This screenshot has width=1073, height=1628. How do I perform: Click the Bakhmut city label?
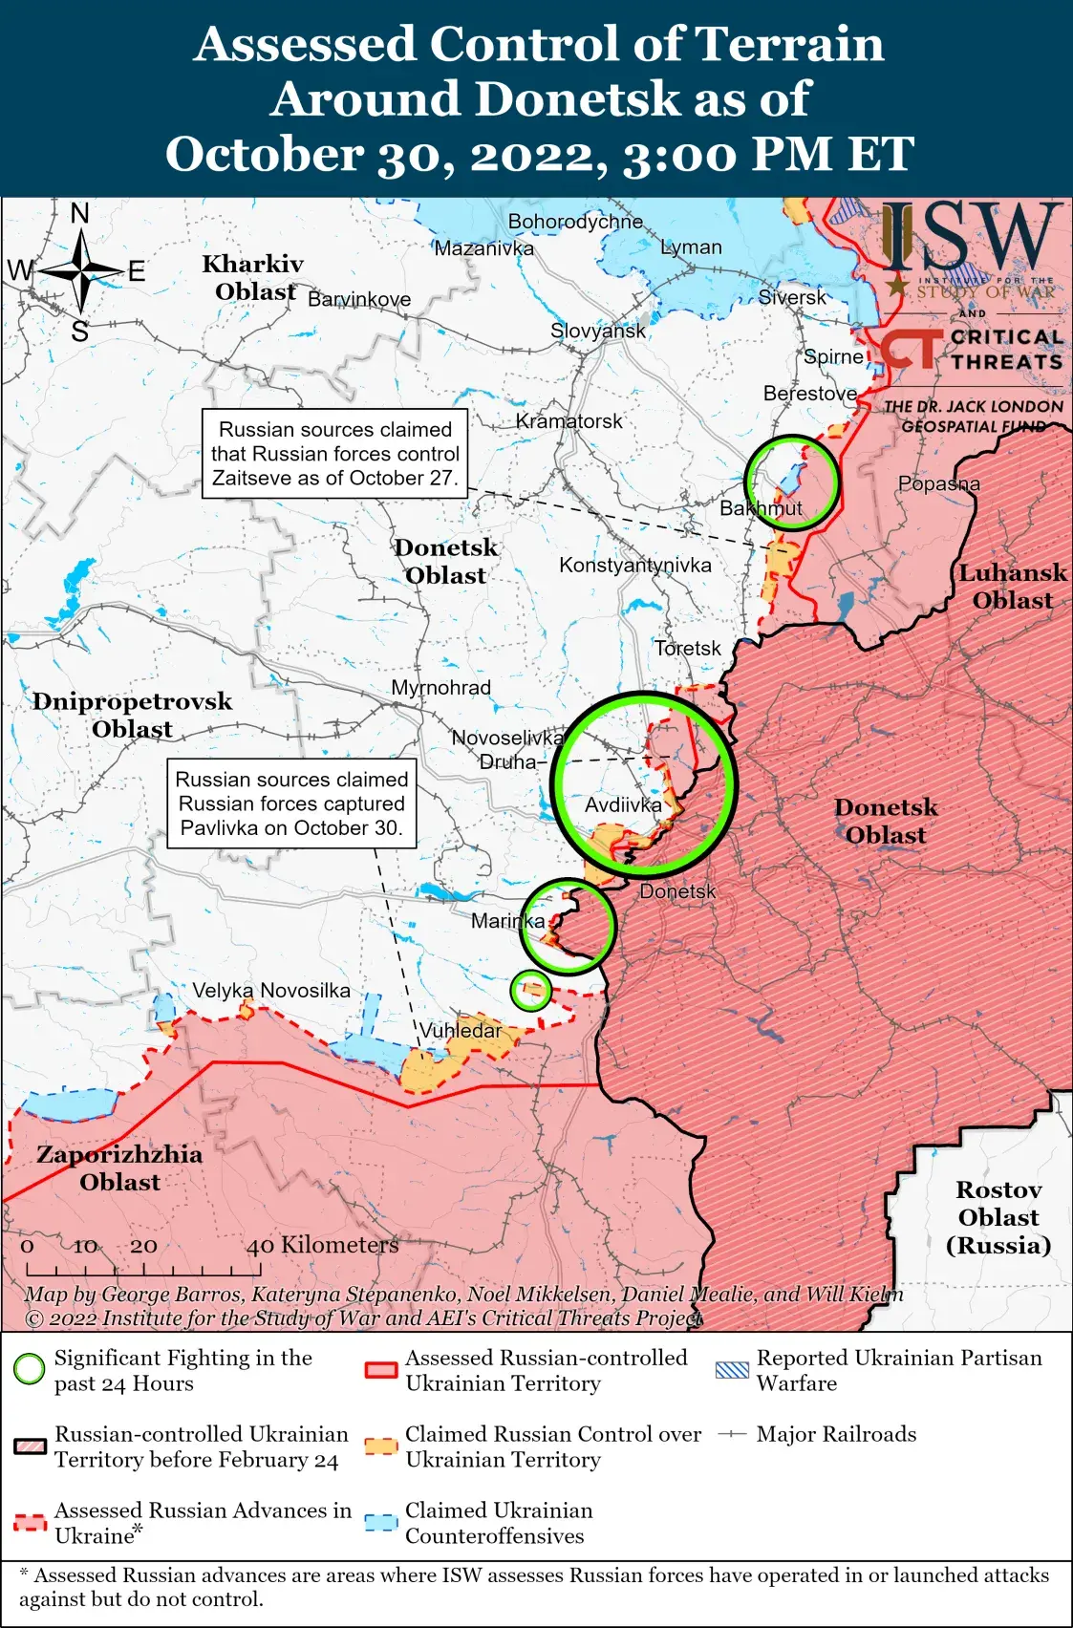coord(761,508)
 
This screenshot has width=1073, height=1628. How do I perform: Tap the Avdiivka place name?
coord(623,804)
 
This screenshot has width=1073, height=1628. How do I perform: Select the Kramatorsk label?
coord(569,420)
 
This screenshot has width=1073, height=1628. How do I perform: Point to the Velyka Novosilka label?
coord(271,990)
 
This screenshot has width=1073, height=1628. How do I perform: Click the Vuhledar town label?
coord(461,1030)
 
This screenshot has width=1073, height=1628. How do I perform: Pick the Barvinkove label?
coord(359,299)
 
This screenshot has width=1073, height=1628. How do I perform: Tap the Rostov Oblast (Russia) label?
coord(998,1217)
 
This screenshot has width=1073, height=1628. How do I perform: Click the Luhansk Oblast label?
coord(1013,586)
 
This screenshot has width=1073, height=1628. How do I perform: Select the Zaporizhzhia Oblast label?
coord(119,1167)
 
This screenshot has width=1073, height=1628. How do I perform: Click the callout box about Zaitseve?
coord(335,454)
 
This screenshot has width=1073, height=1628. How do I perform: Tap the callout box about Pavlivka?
coord(291,803)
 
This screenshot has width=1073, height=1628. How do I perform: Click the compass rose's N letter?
coord(80,213)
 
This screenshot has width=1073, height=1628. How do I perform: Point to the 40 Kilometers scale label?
coord(322,1245)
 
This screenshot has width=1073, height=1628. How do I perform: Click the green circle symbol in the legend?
coord(30,1369)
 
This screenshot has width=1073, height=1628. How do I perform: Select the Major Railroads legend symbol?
coord(732,1434)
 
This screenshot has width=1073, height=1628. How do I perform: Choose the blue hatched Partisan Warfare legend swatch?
coord(732,1369)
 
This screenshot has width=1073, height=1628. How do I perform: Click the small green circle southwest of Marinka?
coord(530,990)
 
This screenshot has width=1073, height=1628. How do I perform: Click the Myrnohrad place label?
coord(440,687)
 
